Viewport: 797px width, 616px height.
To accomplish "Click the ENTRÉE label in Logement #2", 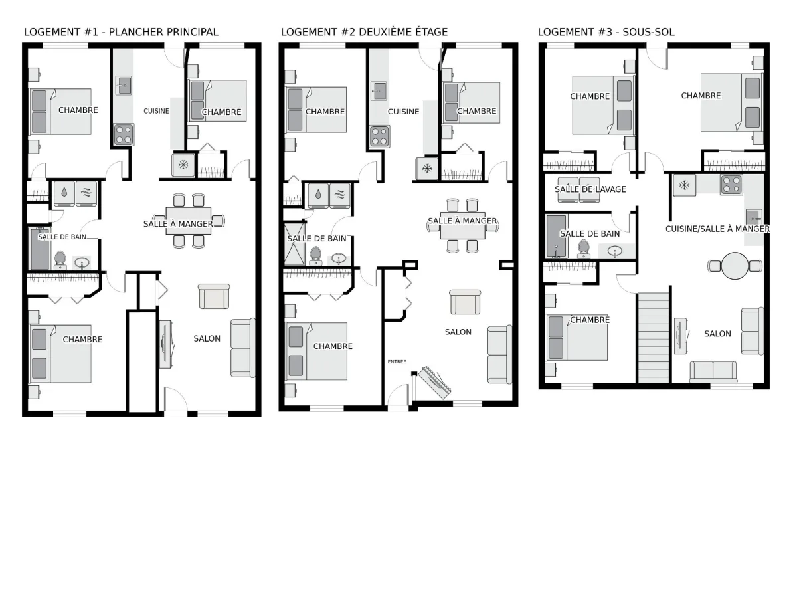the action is point(397,361).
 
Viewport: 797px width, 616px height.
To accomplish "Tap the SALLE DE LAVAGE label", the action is point(590,189).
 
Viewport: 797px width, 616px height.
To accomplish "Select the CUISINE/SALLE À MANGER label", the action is point(717,229).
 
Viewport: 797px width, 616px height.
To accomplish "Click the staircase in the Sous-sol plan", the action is point(654,338).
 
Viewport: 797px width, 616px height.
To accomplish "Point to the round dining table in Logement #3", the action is point(735,266).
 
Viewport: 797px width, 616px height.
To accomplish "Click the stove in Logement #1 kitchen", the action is point(124,135).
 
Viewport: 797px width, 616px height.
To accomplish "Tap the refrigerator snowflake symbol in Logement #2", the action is point(426,169).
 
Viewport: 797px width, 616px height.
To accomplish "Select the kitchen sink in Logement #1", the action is point(124,86).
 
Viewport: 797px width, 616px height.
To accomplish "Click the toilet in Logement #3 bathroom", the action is point(583,249).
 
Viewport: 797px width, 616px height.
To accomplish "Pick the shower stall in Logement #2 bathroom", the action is point(294,244).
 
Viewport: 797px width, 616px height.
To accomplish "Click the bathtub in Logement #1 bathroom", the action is point(39,249).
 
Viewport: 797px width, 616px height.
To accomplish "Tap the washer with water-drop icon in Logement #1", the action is point(64,193).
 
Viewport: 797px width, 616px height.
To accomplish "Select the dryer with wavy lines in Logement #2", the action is point(339,195).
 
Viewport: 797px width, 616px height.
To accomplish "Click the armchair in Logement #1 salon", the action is point(214,296).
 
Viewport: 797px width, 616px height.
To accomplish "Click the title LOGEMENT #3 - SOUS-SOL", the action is point(606,32).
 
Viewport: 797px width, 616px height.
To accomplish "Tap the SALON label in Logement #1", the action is point(207,338).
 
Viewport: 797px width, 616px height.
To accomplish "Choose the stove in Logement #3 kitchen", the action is point(731,185).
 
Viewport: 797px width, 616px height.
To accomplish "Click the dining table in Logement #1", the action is point(189,221).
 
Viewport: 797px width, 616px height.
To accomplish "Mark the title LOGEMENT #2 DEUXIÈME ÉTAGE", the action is point(364,32).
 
